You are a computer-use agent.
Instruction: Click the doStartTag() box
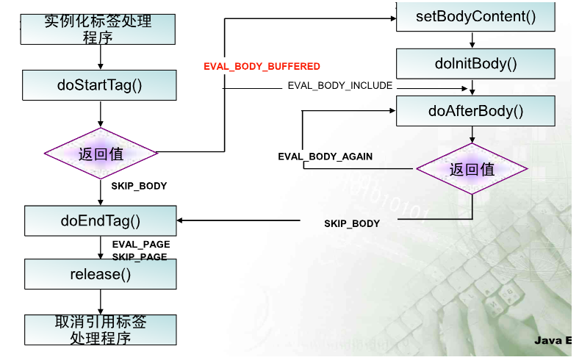point(99,85)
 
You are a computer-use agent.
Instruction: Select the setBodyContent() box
point(475,15)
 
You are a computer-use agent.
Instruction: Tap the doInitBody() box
point(475,64)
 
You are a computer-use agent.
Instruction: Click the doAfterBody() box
point(475,111)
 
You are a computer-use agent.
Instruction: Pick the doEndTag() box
point(100,220)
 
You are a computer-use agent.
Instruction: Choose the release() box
point(100,274)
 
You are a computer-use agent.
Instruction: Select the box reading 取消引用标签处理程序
point(100,330)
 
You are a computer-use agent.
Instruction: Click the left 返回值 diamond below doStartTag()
point(101,154)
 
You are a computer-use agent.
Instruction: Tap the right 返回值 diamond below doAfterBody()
point(472,169)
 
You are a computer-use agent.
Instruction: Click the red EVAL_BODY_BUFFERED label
point(262,66)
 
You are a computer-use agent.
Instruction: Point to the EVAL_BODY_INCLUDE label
point(339,86)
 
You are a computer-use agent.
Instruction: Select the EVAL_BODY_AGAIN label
point(325,156)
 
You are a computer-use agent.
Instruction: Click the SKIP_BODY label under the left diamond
point(139,186)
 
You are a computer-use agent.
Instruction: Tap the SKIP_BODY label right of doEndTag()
point(352,223)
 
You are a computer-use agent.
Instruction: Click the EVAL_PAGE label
point(140,244)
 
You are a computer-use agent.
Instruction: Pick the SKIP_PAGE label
point(140,257)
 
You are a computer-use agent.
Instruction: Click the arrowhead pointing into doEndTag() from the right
point(181,220)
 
